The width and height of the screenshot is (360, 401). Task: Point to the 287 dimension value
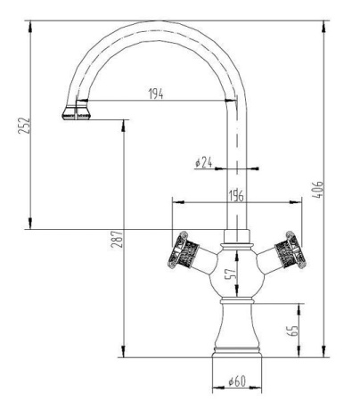click(118, 239)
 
